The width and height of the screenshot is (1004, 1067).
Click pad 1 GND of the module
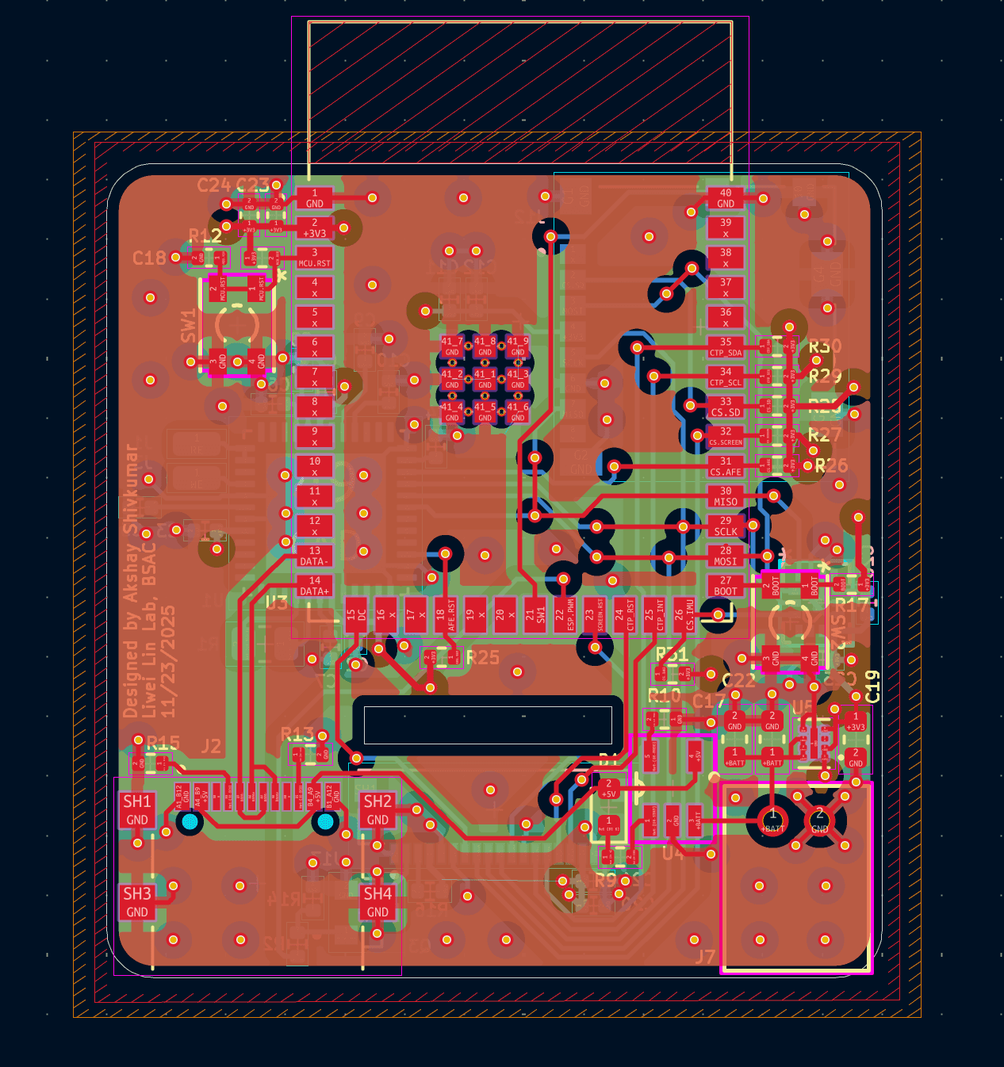[x=315, y=198]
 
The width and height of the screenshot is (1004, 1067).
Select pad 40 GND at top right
[x=726, y=198]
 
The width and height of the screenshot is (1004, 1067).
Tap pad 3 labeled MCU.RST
[x=315, y=258]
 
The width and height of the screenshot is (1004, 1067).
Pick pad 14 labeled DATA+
[x=315, y=586]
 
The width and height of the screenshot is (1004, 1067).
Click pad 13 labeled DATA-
[x=315, y=556]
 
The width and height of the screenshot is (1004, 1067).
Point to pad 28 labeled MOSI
[x=726, y=556]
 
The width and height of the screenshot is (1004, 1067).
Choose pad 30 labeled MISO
[x=726, y=496]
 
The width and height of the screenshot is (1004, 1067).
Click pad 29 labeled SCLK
[x=726, y=526]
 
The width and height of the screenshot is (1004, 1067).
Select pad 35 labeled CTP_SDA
[x=726, y=347]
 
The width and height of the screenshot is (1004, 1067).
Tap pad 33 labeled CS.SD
[x=726, y=407]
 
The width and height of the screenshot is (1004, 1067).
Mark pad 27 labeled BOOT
[x=726, y=586]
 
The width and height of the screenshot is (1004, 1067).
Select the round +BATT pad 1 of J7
[x=772, y=818]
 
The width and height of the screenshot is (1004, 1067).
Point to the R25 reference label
[x=483, y=657]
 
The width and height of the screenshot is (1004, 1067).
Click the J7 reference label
[x=705, y=957]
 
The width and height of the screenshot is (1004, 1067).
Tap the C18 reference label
[x=149, y=258]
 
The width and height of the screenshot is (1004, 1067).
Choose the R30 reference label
[x=825, y=346]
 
